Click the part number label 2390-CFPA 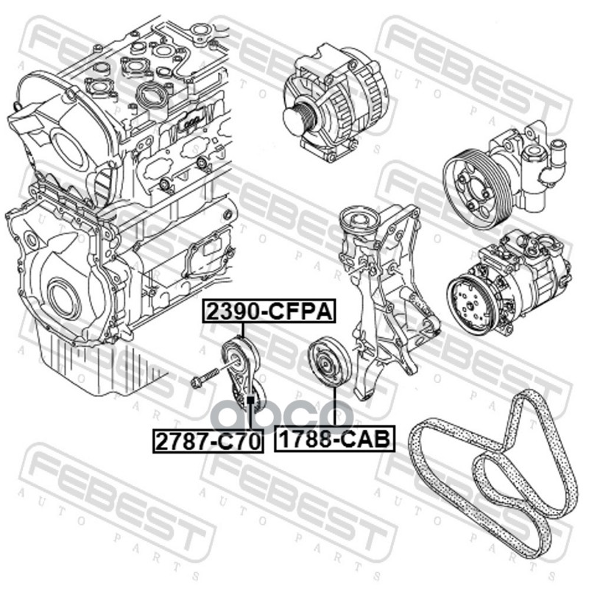(269, 311)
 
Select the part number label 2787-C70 (208, 441)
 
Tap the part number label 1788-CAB (334, 438)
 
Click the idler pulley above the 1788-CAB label (329, 361)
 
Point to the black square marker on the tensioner (250, 399)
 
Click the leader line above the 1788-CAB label (334, 406)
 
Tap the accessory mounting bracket (387, 300)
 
